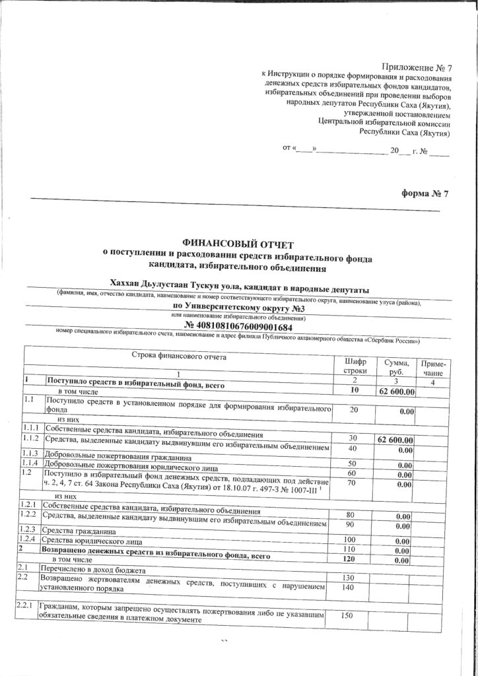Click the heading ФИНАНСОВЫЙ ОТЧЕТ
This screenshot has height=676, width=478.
[x=238, y=245]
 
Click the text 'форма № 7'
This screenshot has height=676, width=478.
[x=425, y=193]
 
